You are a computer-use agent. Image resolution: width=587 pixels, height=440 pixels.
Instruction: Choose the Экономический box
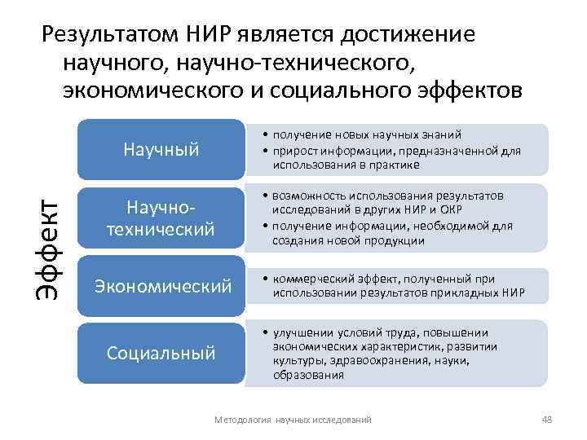click(x=161, y=286)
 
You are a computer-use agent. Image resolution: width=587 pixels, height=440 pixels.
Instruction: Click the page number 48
click(x=546, y=419)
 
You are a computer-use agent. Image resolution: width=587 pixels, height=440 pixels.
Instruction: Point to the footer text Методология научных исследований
click(x=292, y=419)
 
